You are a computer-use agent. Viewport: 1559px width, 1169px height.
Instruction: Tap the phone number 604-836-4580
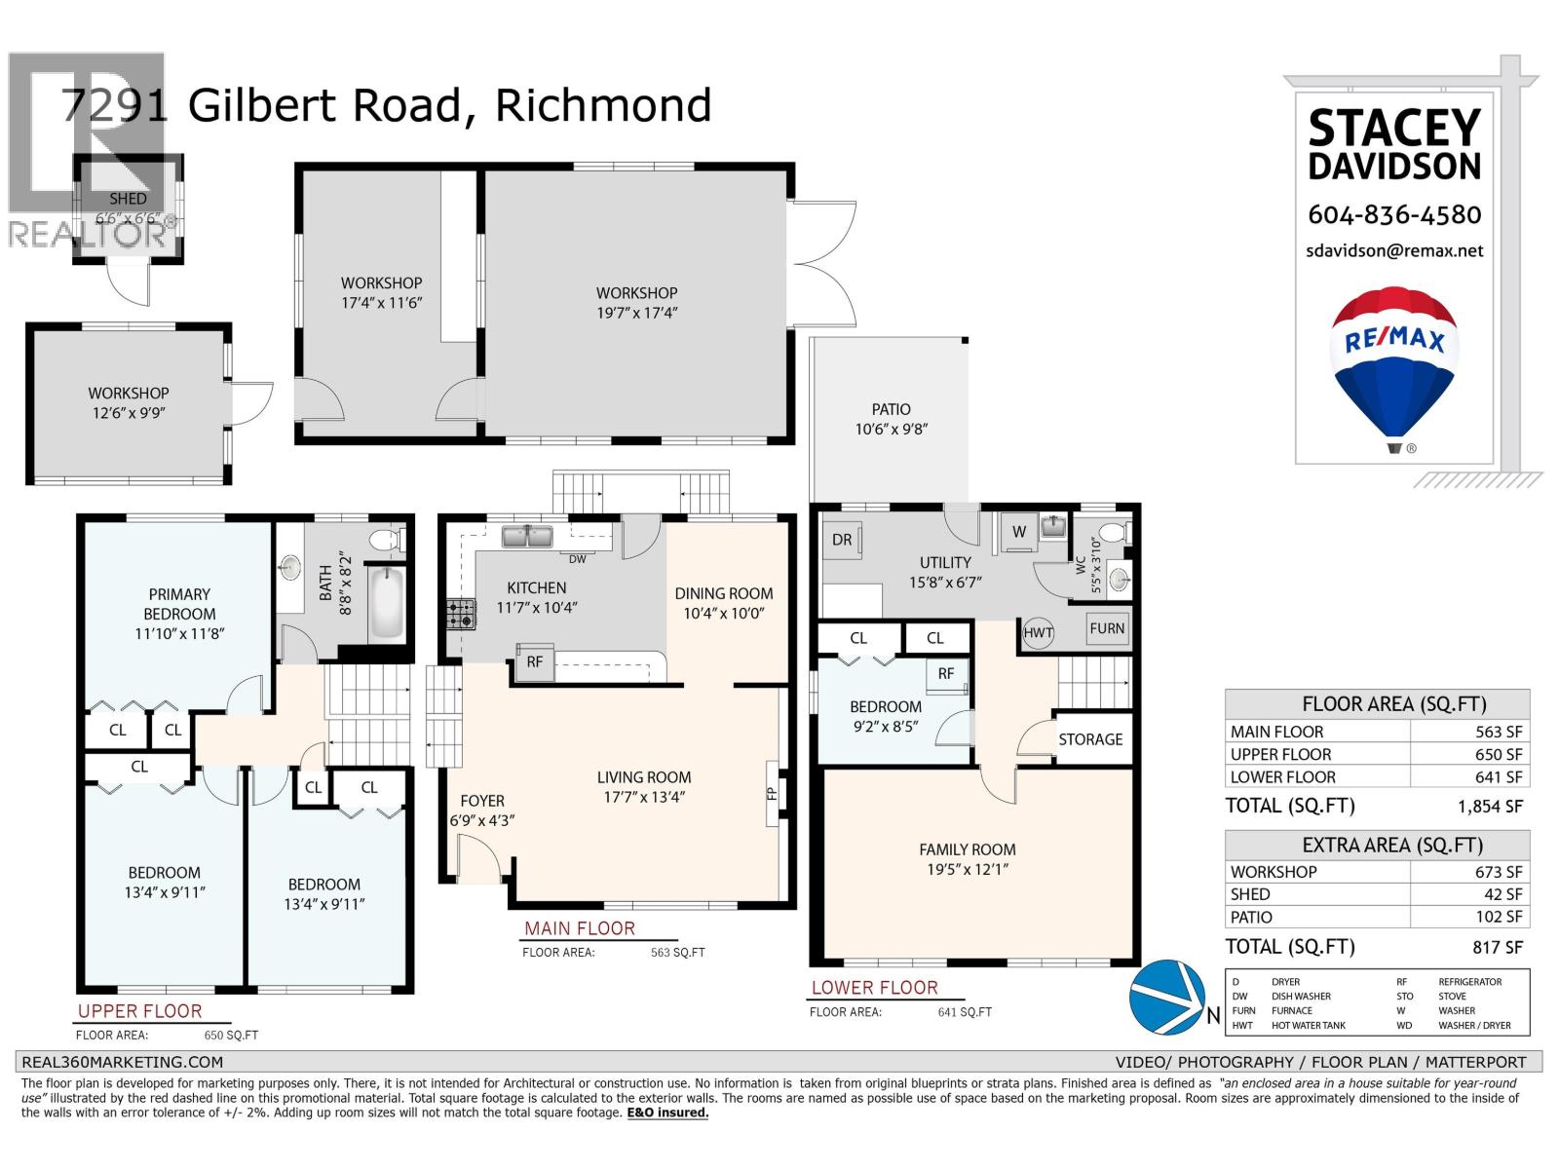tap(1394, 214)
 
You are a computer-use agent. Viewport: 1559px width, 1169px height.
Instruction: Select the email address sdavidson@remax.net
tap(1394, 250)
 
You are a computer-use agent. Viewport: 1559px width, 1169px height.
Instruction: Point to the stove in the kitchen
tap(461, 614)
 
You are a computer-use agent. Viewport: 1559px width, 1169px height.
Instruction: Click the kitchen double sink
tap(527, 536)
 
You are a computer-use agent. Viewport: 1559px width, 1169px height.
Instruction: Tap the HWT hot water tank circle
tap(1039, 632)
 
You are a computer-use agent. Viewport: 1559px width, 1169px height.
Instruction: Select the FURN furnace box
tap(1108, 628)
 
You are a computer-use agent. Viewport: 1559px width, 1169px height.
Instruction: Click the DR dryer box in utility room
tap(842, 541)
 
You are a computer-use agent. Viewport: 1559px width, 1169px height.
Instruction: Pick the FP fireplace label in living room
tap(773, 792)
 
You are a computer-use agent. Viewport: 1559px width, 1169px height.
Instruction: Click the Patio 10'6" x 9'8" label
tap(891, 419)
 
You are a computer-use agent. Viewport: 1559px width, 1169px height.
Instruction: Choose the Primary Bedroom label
tap(179, 604)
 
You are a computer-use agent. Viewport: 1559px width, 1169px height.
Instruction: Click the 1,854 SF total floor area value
tap(1490, 807)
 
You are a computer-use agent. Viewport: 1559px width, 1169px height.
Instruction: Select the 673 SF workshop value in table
tap(1498, 872)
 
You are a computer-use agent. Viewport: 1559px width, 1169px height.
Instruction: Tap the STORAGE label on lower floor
tap(1090, 739)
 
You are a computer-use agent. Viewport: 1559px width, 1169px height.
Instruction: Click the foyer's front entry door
tap(481, 861)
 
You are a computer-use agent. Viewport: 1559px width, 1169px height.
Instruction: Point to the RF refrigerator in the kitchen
tap(535, 661)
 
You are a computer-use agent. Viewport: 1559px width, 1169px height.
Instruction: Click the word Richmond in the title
tap(603, 105)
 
